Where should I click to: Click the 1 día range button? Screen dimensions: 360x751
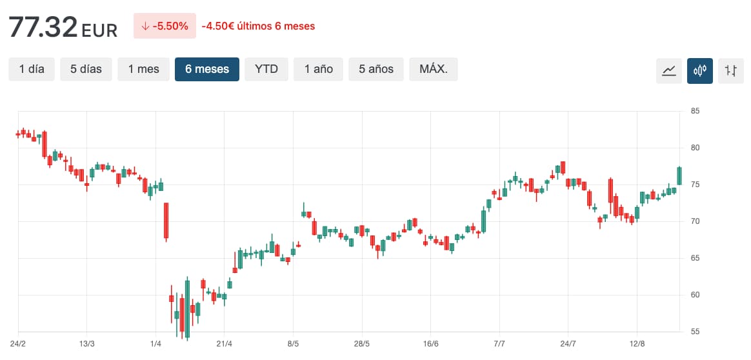pyautogui.click(x=32, y=69)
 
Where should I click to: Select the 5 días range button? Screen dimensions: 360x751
pyautogui.click(x=86, y=69)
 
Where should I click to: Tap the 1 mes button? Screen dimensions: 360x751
pyautogui.click(x=143, y=69)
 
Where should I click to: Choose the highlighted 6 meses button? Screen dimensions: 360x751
pyautogui.click(x=207, y=69)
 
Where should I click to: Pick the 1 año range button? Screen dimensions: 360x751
pyautogui.click(x=319, y=69)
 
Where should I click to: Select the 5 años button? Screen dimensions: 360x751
pyautogui.click(x=376, y=69)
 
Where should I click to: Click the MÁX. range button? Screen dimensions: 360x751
pyautogui.click(x=434, y=69)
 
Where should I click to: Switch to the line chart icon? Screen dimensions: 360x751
pyautogui.click(x=669, y=70)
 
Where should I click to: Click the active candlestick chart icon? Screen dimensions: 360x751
pyautogui.click(x=700, y=70)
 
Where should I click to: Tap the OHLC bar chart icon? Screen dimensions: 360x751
pyautogui.click(x=731, y=70)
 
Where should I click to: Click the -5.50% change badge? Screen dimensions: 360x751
pyautogui.click(x=165, y=26)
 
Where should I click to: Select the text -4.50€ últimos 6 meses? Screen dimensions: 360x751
pyautogui.click(x=258, y=26)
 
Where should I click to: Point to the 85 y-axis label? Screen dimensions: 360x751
pyautogui.click(x=696, y=111)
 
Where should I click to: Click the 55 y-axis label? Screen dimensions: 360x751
pyautogui.click(x=696, y=332)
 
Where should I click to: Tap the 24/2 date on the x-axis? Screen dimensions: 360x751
pyautogui.click(x=18, y=343)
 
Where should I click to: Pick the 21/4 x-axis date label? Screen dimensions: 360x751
pyautogui.click(x=224, y=343)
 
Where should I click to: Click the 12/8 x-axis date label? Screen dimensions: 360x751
pyautogui.click(x=637, y=343)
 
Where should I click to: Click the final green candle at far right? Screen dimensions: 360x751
pyautogui.click(x=679, y=175)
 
